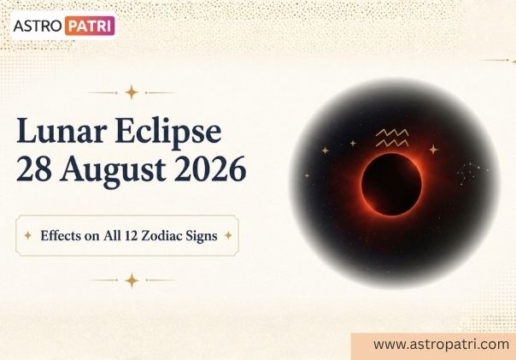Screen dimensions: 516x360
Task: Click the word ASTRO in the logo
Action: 38,26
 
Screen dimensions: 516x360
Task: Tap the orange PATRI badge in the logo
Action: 90,26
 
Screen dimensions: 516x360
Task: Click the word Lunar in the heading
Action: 62,131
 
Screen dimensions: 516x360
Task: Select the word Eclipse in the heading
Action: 168,133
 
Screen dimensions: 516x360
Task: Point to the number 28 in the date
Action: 34,169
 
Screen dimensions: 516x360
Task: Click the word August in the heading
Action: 113,172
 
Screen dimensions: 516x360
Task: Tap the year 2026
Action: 210,169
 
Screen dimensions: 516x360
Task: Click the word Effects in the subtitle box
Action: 61,235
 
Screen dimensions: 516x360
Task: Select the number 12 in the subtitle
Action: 131,236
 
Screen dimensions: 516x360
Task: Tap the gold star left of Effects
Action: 28,235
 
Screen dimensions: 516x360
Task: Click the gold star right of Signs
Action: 228,235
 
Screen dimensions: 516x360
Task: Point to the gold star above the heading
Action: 132,92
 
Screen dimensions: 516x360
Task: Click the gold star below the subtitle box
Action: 132,280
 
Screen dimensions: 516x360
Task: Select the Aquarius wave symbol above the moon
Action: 392,138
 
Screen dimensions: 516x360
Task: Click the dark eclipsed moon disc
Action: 391,184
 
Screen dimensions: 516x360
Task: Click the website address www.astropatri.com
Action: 442,345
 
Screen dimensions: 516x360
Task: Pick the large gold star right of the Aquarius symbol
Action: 434,150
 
